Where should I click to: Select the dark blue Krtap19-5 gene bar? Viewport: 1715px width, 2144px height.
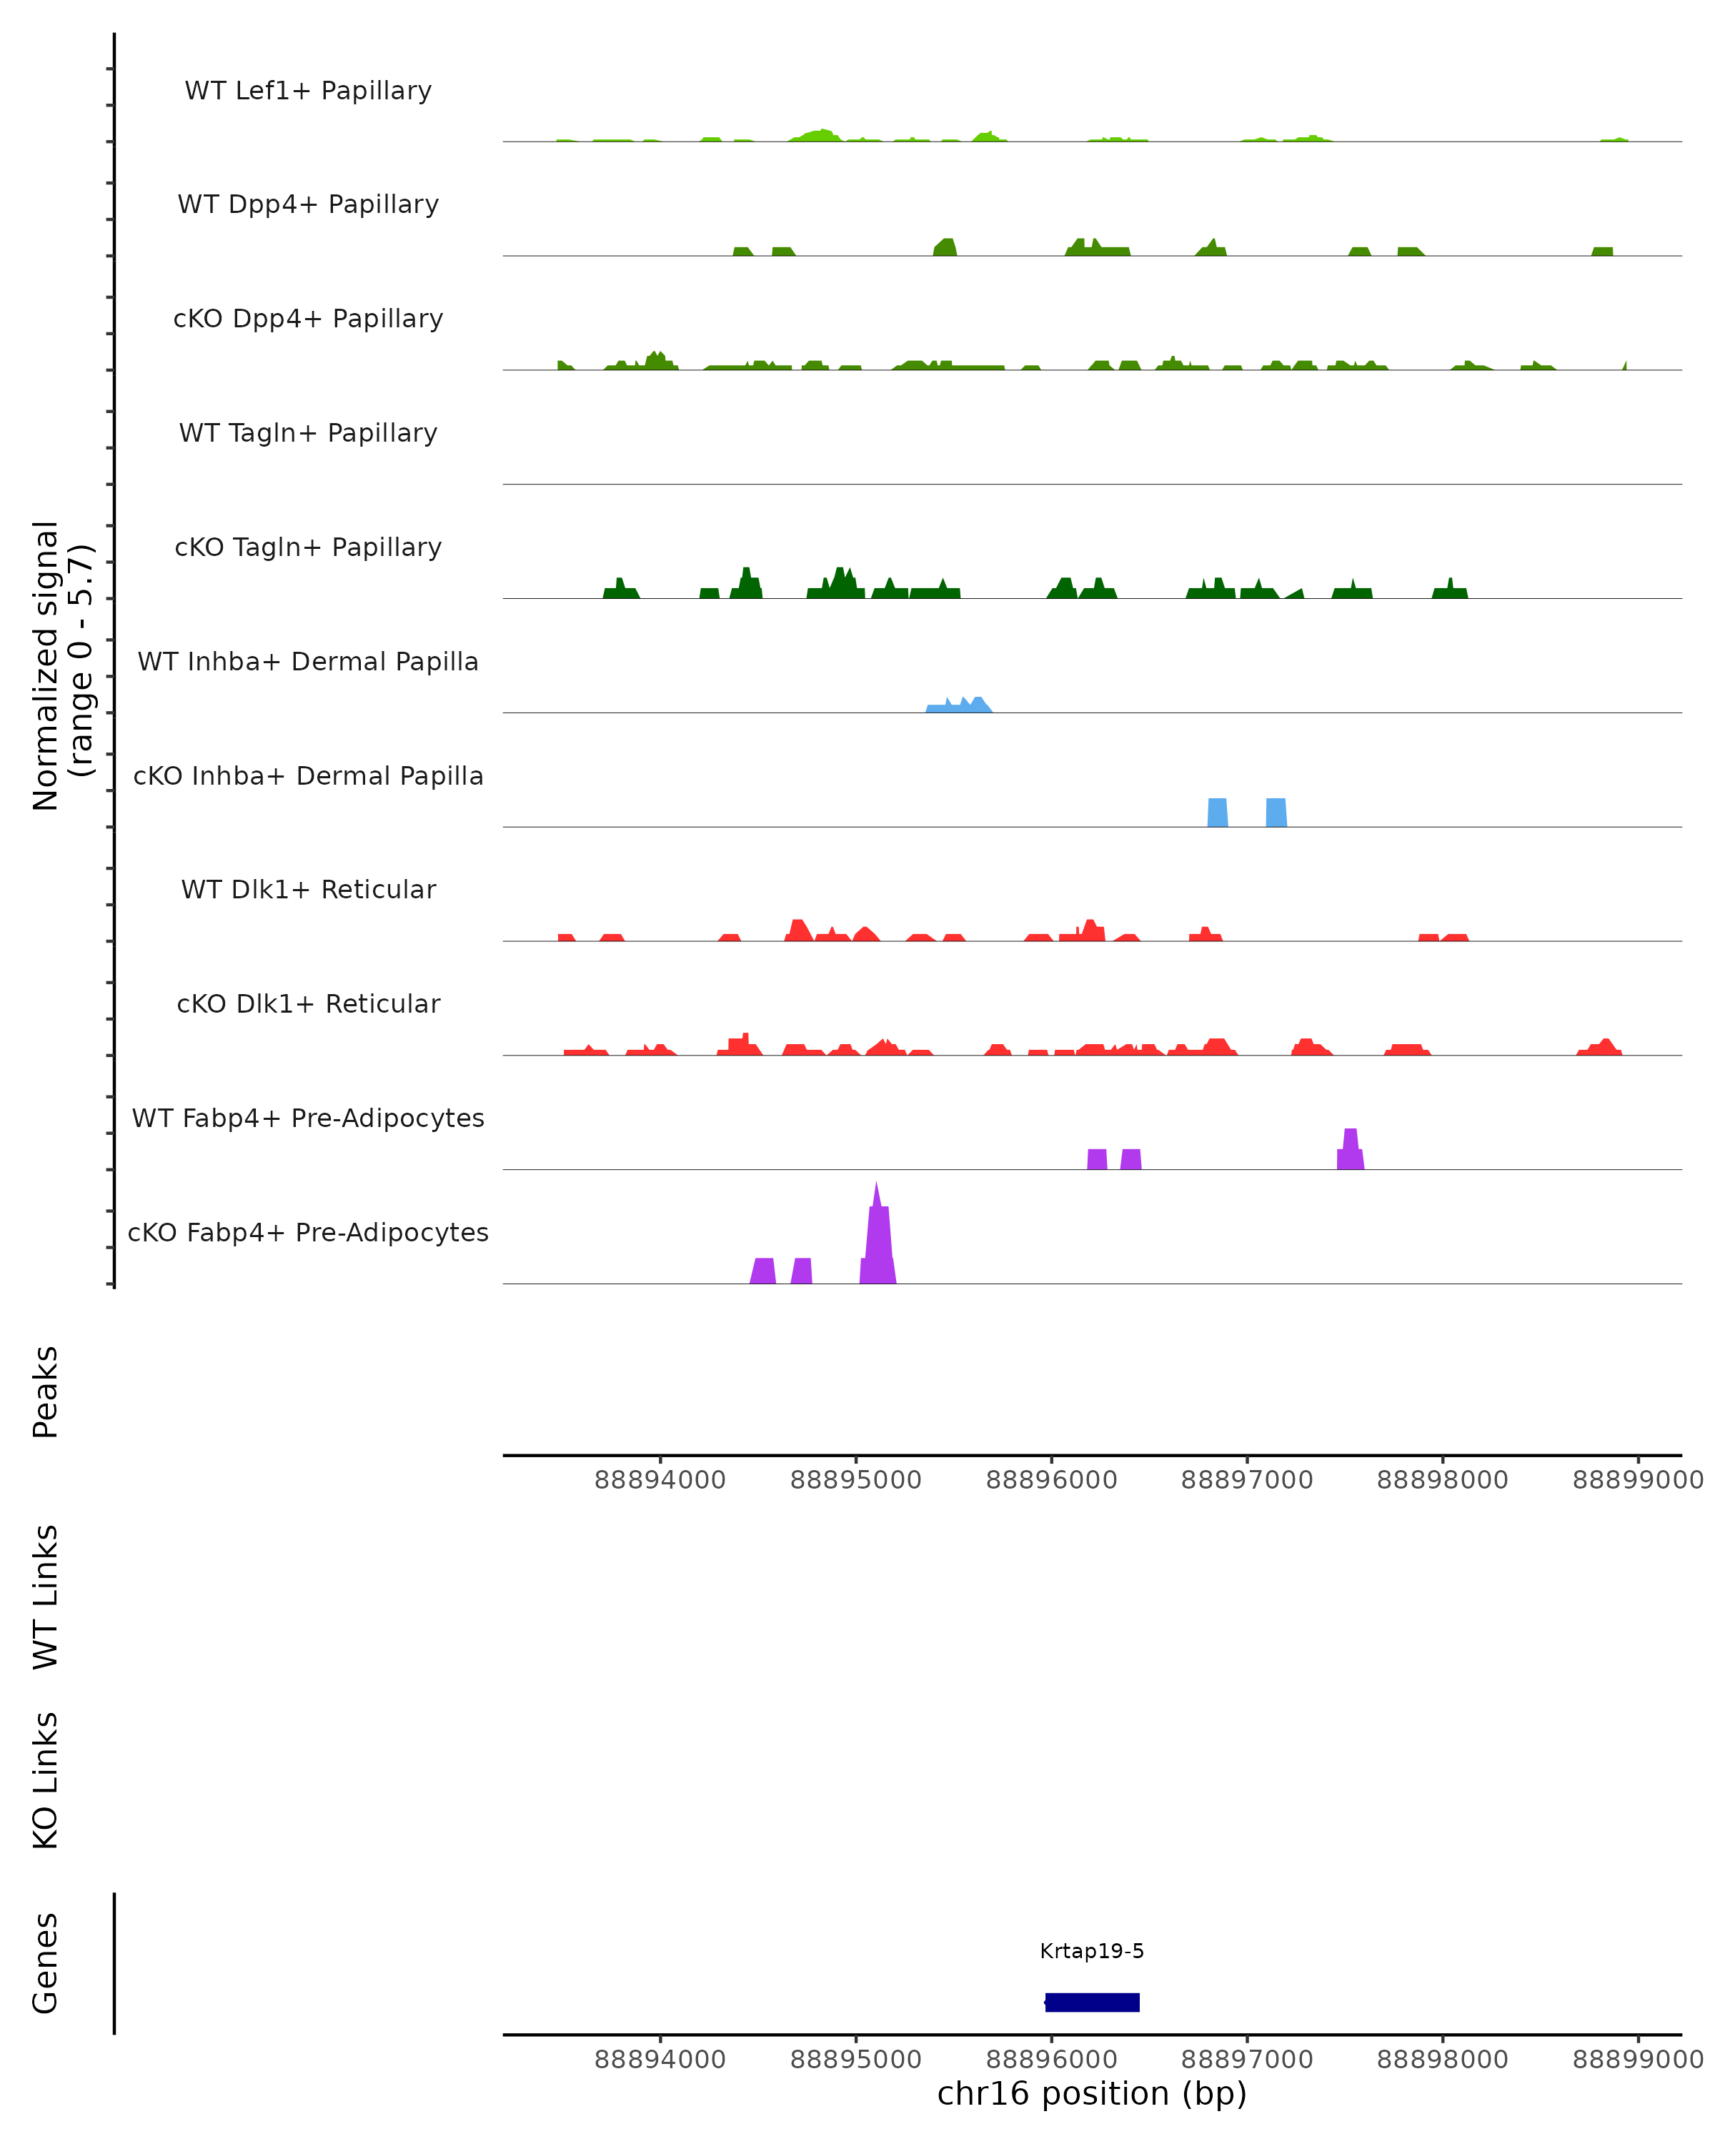[1092, 2002]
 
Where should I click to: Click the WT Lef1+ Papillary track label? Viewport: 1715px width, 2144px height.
[308, 91]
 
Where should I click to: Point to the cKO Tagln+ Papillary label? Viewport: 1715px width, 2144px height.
[308, 547]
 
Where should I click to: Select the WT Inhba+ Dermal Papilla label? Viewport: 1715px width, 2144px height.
[308, 661]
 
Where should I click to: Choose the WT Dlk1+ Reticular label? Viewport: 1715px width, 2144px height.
[308, 889]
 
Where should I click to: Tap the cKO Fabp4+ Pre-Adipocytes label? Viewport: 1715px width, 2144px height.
[308, 1232]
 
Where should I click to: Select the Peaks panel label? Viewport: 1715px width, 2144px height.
[46, 1391]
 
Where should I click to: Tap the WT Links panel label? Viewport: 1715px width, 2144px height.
[46, 1595]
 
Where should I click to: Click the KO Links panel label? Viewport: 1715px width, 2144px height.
[46, 1780]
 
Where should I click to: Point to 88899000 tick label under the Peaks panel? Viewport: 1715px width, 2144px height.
[1637, 1480]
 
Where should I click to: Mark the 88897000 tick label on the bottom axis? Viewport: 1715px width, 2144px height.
[1247, 2060]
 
